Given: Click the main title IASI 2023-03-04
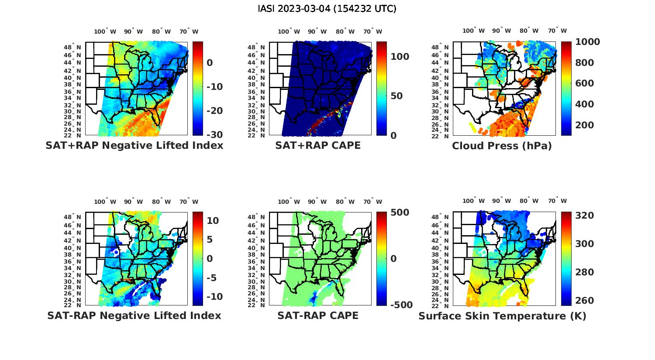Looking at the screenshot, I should point(327,9).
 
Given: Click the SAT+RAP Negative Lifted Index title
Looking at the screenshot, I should point(134,145).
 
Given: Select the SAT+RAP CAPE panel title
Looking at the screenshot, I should point(318,145).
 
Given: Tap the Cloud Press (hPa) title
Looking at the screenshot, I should point(502,146).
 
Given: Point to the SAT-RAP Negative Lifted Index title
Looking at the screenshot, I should point(134,315).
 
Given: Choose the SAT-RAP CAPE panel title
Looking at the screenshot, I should point(318,315).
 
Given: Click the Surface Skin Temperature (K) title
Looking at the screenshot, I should point(502,316).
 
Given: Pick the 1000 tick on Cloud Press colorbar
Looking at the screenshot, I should point(587,42).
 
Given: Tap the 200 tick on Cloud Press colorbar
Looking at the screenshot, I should point(585,125).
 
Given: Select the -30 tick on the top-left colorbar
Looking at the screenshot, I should point(214,135).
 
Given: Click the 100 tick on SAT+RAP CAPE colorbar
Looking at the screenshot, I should point(400,57).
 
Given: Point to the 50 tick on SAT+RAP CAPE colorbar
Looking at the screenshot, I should point(396,96).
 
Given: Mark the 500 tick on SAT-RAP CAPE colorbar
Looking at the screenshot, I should point(400,213).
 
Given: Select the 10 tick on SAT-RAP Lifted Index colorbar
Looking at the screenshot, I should point(213,221).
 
